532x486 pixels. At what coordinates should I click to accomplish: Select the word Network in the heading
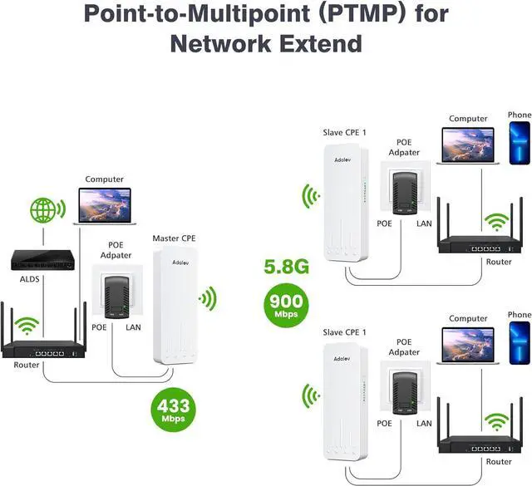pyautogui.click(x=220, y=44)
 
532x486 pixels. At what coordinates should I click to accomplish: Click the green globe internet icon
pyautogui.click(x=42, y=210)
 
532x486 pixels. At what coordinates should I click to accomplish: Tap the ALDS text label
pyautogui.click(x=30, y=279)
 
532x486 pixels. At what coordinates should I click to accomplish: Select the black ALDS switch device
pyautogui.click(x=42, y=260)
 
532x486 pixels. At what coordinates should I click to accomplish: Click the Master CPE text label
pyautogui.click(x=174, y=238)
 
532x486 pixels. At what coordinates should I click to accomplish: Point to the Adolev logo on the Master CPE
pyautogui.click(x=180, y=263)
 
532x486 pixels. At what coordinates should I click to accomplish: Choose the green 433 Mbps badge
pyautogui.click(x=173, y=410)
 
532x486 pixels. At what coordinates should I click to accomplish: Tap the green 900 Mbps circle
pyautogui.click(x=286, y=305)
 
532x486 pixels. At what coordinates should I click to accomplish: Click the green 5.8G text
pyautogui.click(x=287, y=267)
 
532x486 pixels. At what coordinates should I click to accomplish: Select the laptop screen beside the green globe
pyautogui.click(x=105, y=205)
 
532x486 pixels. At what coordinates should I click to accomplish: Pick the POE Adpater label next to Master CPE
pyautogui.click(x=116, y=250)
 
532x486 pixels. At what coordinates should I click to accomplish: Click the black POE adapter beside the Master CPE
pyautogui.click(x=116, y=297)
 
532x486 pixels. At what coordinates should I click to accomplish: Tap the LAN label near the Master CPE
pyautogui.click(x=133, y=327)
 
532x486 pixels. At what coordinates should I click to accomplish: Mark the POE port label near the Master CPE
pyautogui.click(x=99, y=327)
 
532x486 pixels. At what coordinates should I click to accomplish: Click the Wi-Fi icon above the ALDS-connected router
pyautogui.click(x=27, y=325)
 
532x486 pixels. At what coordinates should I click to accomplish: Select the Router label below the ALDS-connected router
pyautogui.click(x=27, y=365)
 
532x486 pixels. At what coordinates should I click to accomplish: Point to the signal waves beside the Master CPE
pyautogui.click(x=209, y=298)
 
